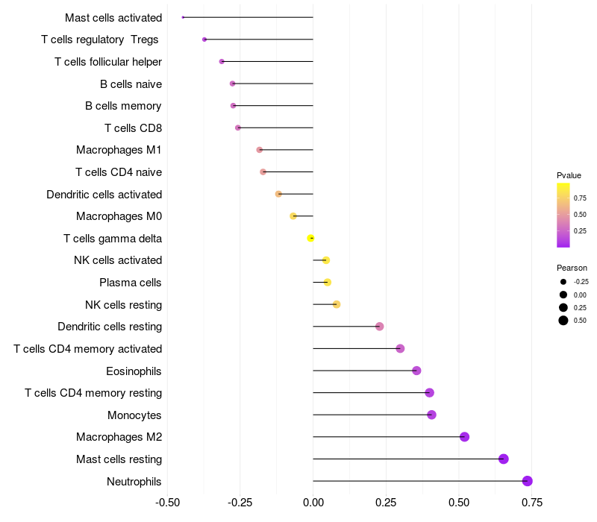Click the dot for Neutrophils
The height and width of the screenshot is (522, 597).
(x=528, y=481)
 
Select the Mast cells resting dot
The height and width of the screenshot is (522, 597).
(x=504, y=459)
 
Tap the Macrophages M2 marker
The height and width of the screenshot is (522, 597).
(x=464, y=437)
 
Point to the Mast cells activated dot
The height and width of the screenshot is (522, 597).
(x=183, y=17)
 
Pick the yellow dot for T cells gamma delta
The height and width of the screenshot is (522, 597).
(x=310, y=238)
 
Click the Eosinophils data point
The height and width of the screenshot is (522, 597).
(x=416, y=371)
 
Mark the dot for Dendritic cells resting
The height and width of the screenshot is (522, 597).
(x=379, y=327)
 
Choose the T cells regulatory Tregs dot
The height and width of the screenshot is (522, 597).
(x=204, y=40)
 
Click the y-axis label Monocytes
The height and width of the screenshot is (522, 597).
(x=134, y=415)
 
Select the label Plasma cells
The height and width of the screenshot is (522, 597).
(x=131, y=283)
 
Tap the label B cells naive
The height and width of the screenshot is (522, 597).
(x=131, y=84)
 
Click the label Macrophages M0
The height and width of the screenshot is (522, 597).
(x=119, y=216)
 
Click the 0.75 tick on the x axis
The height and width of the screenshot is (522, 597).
(x=531, y=503)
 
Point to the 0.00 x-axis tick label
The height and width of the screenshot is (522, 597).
(x=313, y=503)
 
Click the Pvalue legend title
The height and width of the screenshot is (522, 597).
(x=569, y=175)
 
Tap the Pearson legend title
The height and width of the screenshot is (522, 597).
(x=572, y=268)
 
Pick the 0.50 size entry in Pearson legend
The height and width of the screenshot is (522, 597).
(x=563, y=321)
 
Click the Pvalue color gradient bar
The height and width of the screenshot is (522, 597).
(x=563, y=215)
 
